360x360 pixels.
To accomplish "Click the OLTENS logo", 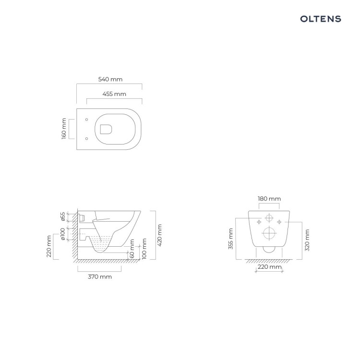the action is [321, 19].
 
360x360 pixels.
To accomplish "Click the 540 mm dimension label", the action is [110, 79].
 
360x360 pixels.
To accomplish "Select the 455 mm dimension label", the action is [114, 94].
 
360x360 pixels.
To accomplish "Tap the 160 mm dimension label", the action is [64, 129].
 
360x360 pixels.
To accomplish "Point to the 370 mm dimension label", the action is [100, 276].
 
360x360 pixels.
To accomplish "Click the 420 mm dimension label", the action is [160, 235].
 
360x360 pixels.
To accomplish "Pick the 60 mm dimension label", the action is [132, 249].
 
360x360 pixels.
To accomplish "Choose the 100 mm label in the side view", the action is [144, 249].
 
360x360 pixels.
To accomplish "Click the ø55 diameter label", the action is [63, 216].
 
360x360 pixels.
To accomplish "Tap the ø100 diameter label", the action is [63, 234].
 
